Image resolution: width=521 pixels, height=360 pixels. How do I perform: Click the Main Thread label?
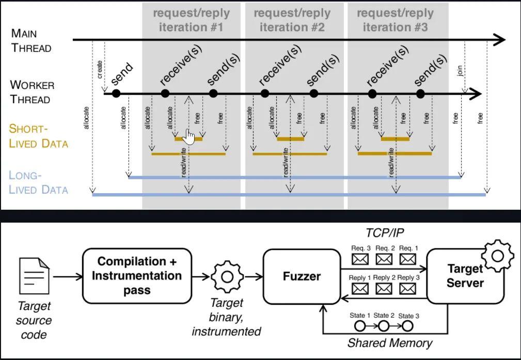[31, 41]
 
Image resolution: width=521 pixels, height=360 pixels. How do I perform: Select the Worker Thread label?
[32, 91]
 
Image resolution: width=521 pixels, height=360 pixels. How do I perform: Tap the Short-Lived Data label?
[38, 136]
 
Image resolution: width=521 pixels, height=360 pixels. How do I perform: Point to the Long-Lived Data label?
[38, 182]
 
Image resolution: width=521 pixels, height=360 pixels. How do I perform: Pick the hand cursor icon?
[190, 137]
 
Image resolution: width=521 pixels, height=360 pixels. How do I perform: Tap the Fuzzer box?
[302, 276]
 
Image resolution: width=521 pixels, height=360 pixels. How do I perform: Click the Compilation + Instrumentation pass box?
[136, 276]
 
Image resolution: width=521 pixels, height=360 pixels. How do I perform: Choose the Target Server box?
[465, 276]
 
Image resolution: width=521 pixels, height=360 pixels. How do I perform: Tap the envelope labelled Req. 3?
[360, 258]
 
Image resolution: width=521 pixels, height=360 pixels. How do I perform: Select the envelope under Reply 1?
[360, 288]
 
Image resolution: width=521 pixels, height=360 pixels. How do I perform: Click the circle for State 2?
[383, 325]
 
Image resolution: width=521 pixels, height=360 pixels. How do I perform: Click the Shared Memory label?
[390, 342]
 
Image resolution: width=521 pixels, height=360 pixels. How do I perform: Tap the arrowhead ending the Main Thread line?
[500, 39]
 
